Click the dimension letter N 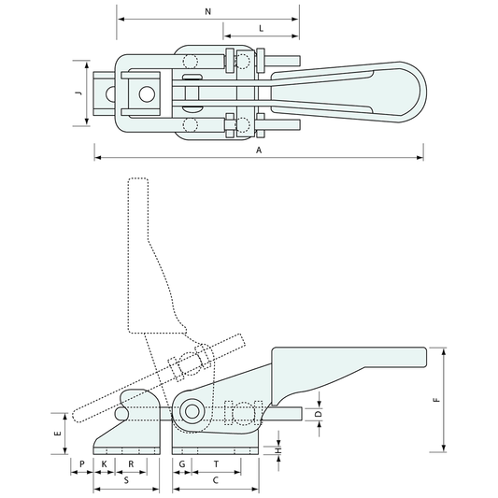tap(207, 12)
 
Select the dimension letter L tap(261, 29)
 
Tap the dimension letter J tap(78, 93)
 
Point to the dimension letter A tap(259, 149)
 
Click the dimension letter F tap(437, 400)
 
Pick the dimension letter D tap(320, 414)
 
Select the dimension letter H tap(278, 450)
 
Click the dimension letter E tap(58, 434)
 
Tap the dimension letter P tap(82, 464)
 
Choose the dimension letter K tap(104, 464)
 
